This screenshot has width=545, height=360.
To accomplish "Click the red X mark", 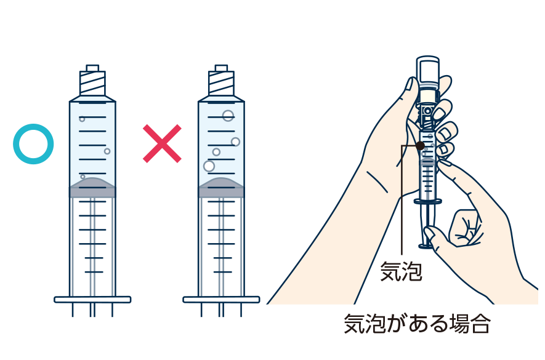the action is pyautogui.click(x=162, y=143).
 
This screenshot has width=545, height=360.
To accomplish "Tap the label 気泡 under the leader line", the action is pyautogui.click(x=401, y=271).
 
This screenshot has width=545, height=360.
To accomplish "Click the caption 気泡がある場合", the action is pyautogui.click(x=417, y=324).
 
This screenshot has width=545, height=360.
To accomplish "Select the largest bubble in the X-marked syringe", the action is pyautogui.click(x=209, y=166).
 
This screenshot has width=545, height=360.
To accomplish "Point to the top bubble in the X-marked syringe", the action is pyautogui.click(x=228, y=115).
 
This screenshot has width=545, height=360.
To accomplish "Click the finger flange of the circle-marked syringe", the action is pyautogui.click(x=92, y=300).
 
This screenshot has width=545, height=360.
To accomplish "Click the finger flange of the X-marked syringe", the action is pyautogui.click(x=222, y=300).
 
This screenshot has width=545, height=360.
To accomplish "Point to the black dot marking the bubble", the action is pyautogui.click(x=420, y=146).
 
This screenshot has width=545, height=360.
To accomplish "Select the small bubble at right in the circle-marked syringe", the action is pyautogui.click(x=107, y=151).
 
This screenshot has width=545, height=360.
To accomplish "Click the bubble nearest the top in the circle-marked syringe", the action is pyautogui.click(x=82, y=119).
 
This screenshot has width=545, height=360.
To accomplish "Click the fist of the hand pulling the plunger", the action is pyautogui.click(x=464, y=228).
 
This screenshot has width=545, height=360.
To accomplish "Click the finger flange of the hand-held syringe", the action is pyautogui.click(x=428, y=201).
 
